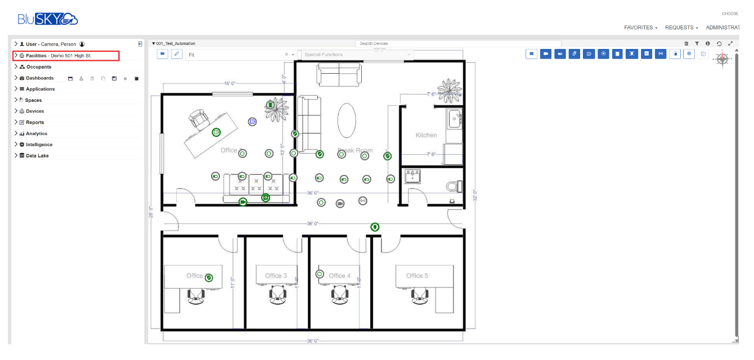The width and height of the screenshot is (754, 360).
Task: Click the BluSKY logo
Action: (48, 19)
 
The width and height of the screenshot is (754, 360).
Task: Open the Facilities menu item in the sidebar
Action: (59, 56)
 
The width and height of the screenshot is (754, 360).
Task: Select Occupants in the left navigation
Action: (38, 67)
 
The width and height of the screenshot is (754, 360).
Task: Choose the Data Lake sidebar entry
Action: (37, 156)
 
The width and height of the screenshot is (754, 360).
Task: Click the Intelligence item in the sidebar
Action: (39, 145)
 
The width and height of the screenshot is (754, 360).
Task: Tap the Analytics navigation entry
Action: (37, 134)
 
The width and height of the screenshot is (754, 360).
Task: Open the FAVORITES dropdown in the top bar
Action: (640, 28)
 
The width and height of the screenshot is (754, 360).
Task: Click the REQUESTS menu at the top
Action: (681, 28)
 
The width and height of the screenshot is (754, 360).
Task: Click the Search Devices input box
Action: (458, 43)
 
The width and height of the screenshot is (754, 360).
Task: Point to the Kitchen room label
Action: (426, 135)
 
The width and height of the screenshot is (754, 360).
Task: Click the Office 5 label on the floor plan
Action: (417, 276)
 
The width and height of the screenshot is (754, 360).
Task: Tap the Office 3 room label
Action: (276, 276)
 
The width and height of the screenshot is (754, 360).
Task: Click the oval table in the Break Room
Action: (347, 119)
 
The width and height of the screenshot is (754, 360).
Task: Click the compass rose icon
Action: (722, 58)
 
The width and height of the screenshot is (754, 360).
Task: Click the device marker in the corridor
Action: (375, 227)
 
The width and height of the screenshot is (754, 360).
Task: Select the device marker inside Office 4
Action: (320, 274)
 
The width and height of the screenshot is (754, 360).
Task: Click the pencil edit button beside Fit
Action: (177, 54)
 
